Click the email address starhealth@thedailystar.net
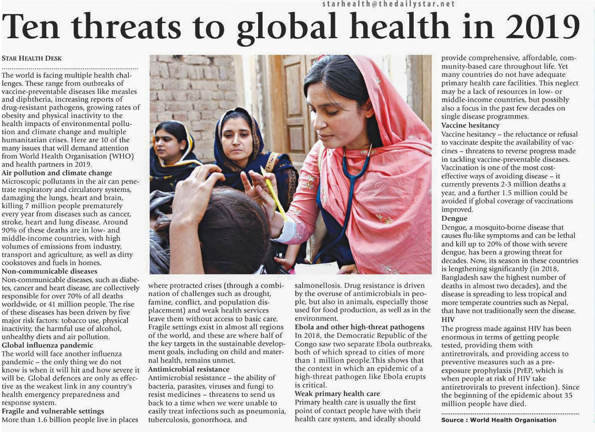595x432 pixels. (x=389, y=4)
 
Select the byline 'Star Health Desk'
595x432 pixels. (x=32, y=58)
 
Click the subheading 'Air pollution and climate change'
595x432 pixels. (x=57, y=173)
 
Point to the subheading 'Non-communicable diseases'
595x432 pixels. (x=50, y=271)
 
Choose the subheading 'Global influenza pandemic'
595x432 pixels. (x=47, y=345)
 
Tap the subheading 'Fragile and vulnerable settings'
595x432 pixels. (x=53, y=411)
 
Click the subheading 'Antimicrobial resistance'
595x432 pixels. (x=189, y=369)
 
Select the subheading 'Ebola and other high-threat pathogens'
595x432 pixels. (x=359, y=327)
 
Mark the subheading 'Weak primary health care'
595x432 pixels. (x=337, y=394)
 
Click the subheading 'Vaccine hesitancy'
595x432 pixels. (x=470, y=125)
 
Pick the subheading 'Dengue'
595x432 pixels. (x=454, y=218)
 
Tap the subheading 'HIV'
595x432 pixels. (x=448, y=320)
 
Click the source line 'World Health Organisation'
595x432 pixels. (x=513, y=420)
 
